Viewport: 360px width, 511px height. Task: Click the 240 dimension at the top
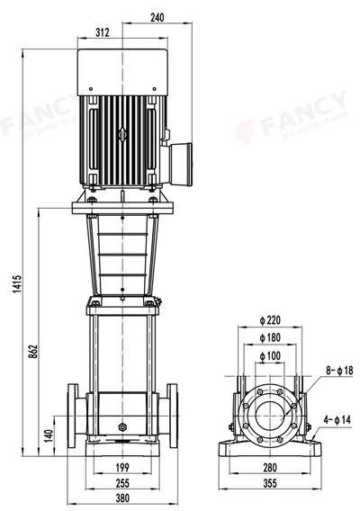click(157, 17)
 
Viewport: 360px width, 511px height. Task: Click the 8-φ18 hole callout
click(337, 370)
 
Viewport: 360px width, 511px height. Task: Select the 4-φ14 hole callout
click(337, 419)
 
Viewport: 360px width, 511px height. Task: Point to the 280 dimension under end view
click(270, 468)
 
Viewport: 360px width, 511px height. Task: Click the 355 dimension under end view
click(270, 483)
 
